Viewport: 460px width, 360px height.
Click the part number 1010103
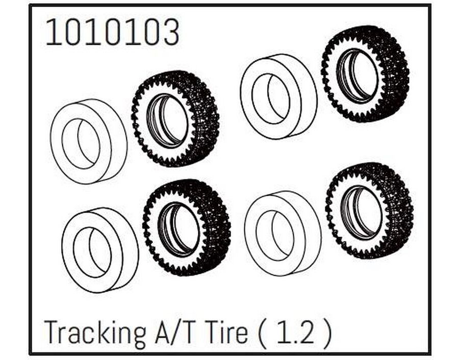click(x=112, y=32)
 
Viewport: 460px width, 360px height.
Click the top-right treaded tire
click(x=365, y=73)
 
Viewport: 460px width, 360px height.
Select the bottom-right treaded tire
click(x=369, y=211)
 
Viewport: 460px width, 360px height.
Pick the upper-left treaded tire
click(x=175, y=118)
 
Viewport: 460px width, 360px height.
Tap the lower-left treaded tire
click(x=187, y=227)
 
